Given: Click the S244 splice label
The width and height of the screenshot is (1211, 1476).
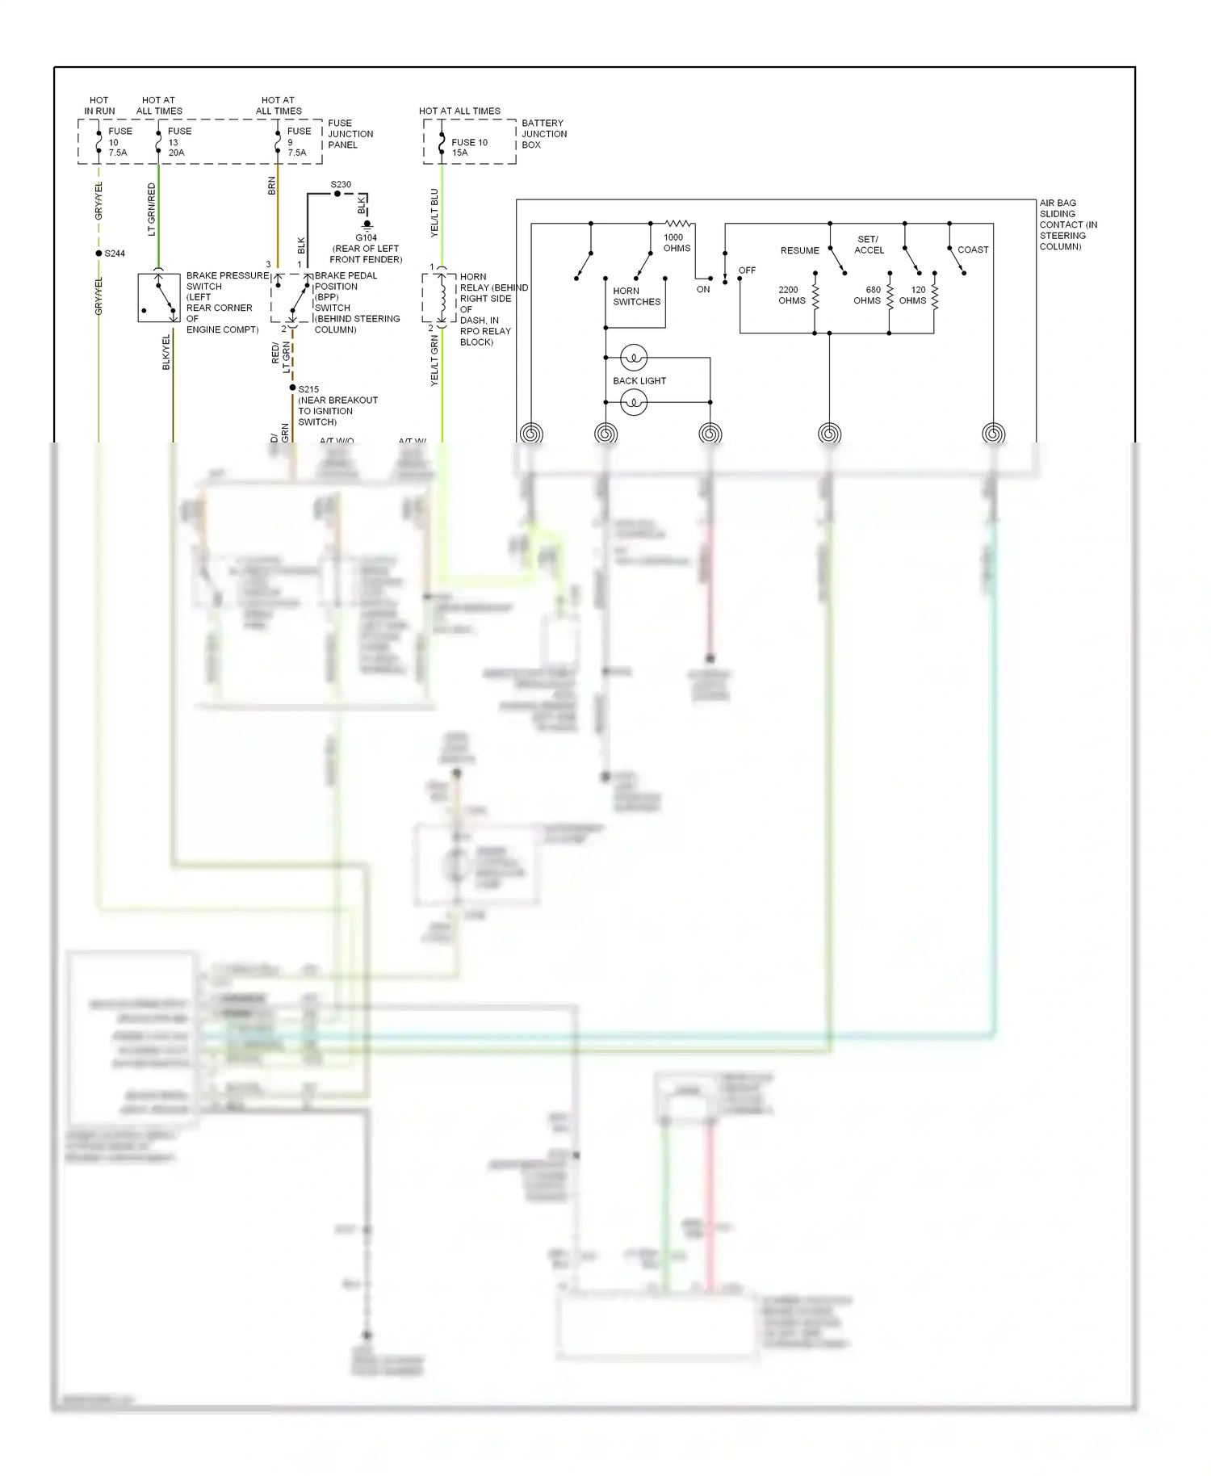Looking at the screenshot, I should click(115, 254).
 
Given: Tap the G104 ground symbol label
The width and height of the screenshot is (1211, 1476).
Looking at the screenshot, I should click(366, 237).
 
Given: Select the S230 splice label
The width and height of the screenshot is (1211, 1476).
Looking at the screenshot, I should click(341, 184).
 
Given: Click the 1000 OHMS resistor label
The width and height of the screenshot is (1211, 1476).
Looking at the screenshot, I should click(676, 243).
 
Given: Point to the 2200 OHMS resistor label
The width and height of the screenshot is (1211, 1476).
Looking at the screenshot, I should click(791, 295).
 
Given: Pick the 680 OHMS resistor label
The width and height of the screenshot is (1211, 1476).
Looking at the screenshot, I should click(868, 295).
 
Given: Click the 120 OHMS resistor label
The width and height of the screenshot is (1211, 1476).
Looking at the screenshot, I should click(913, 295).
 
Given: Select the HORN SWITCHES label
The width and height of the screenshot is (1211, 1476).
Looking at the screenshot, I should click(636, 296).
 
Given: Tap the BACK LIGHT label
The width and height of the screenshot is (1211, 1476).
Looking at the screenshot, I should click(639, 380).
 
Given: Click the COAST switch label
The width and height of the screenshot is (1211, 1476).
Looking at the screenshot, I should click(972, 249).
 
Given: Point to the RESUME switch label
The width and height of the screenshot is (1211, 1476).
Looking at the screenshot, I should click(799, 250).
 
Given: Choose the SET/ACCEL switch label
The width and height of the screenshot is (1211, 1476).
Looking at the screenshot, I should click(869, 245).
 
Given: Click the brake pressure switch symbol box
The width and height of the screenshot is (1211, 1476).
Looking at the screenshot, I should click(158, 298).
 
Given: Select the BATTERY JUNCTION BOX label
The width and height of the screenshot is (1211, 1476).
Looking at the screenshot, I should click(543, 134).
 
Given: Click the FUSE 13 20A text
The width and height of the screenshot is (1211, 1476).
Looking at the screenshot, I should click(179, 141).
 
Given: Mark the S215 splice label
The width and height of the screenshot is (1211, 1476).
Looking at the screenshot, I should click(308, 389).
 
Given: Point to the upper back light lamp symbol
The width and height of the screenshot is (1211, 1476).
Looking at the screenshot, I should click(634, 357).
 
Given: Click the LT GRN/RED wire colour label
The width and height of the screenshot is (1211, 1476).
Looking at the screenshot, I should click(151, 209).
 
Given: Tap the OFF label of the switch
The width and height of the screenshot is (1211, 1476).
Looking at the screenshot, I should click(747, 270).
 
